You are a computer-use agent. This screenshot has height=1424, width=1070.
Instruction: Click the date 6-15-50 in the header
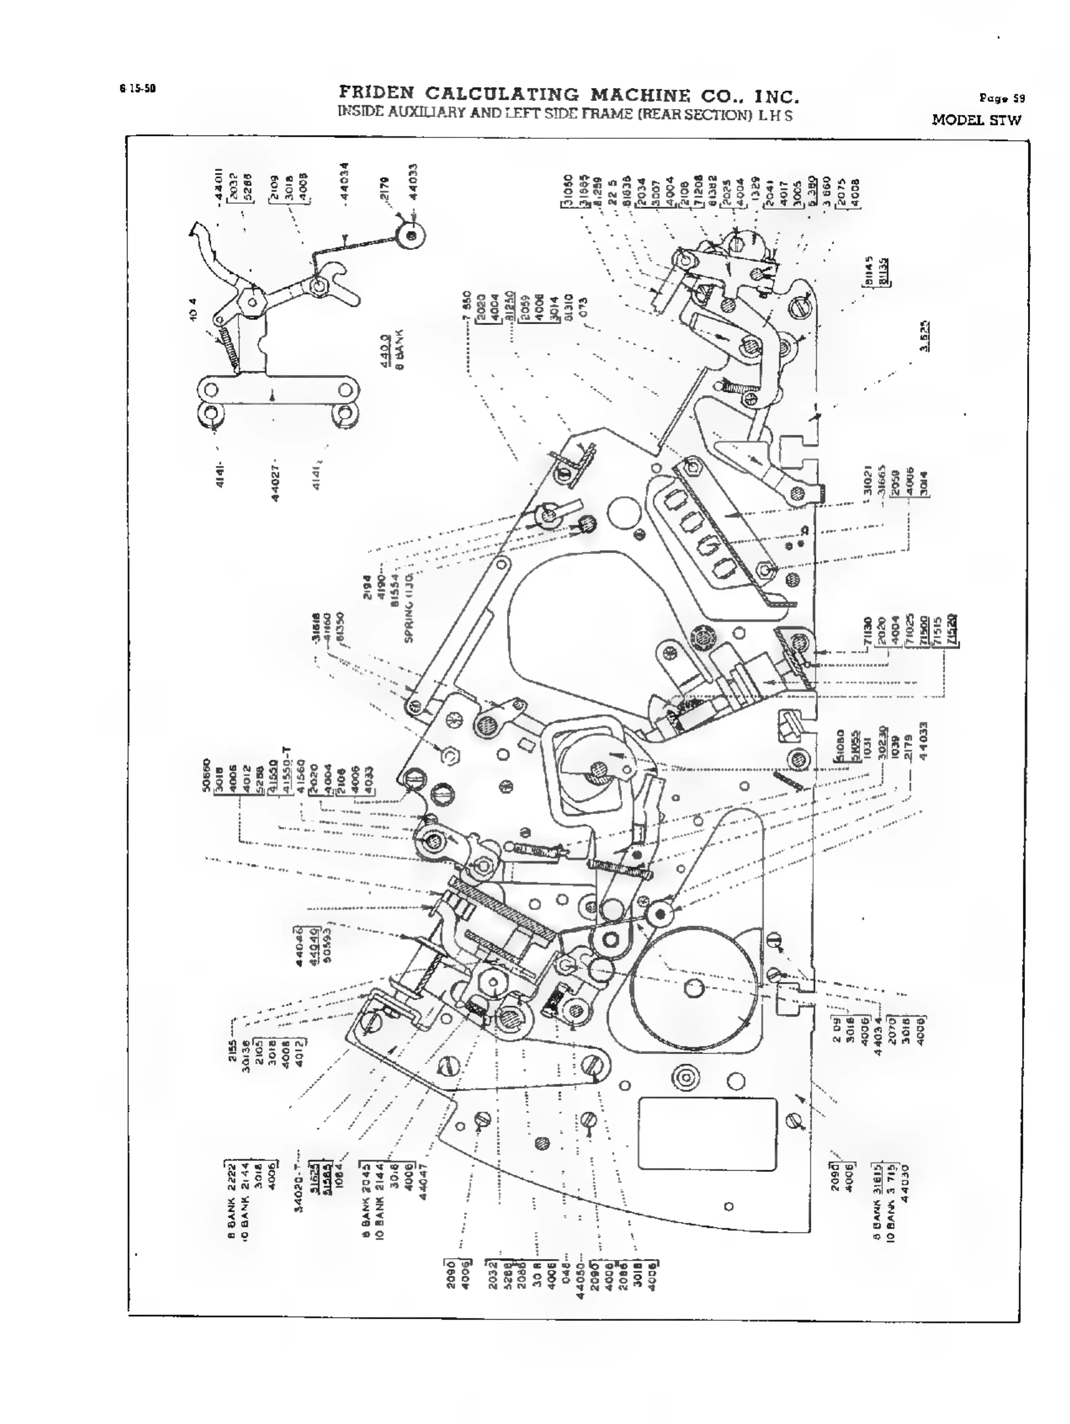[x=137, y=89]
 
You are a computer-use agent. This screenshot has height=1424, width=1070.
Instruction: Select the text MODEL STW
[x=976, y=120]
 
